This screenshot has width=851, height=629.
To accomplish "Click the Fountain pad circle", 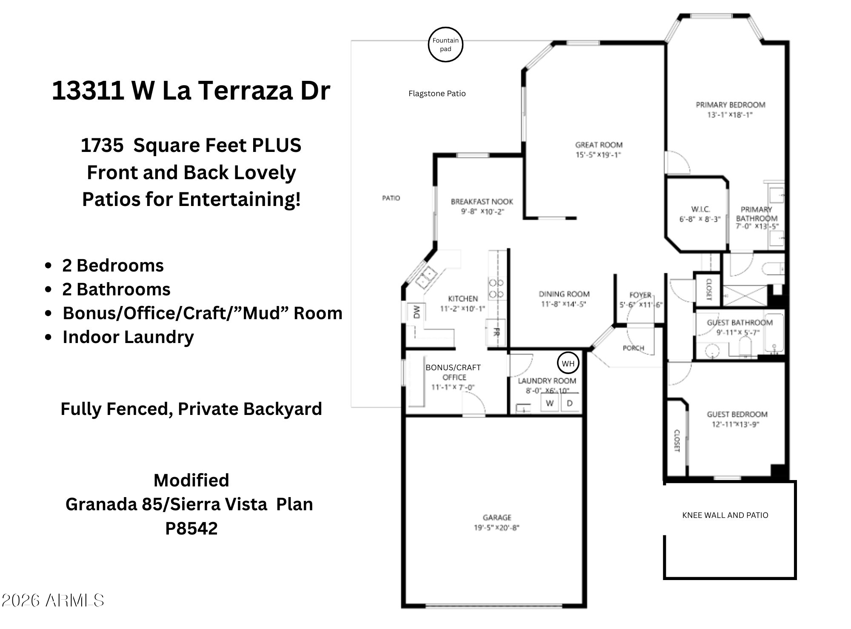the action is coord(445,28).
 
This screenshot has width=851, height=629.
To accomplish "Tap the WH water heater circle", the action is coord(568,352).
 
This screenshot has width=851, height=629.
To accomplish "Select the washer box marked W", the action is coord(549,403).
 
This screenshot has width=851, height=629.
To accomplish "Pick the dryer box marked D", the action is coord(570,403).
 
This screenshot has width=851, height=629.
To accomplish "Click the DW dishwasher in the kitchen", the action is coord(416,312).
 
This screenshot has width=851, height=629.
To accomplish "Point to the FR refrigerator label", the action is coord(496,332).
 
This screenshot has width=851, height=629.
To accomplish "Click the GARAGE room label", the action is coord(497,517).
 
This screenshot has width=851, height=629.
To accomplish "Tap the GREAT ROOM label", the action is coord(599,145).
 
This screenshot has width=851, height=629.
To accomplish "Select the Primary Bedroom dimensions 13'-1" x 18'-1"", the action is coord(730,114).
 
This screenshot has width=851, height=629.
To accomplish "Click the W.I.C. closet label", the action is coord(700,209).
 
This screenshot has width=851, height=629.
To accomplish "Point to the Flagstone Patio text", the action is coord(437,94).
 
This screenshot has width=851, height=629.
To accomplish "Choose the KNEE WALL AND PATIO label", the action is coord(725,515).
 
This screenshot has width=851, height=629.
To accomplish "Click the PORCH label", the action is coord(633,348).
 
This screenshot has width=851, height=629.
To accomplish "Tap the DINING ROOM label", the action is coord(564,294).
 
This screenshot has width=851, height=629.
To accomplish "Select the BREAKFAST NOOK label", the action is coord(482,202).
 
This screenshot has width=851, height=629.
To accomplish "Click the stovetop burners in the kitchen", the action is coord(496,288).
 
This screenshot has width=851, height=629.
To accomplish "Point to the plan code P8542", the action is coord(191,529).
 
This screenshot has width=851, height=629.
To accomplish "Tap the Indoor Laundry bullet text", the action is coord(128,337).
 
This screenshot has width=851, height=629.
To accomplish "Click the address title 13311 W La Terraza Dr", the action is coord(191,90).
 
